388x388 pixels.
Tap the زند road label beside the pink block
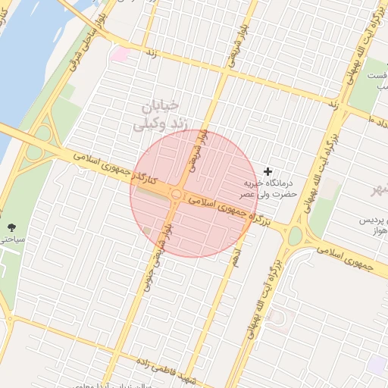[150, 54]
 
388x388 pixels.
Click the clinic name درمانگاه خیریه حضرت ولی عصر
[267, 189]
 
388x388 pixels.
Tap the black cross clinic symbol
[267, 172]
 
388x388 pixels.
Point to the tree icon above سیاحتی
[11, 227]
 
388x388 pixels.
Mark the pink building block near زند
[120, 54]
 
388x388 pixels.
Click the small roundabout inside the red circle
[176, 196]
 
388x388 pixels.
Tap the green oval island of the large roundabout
[294, 236]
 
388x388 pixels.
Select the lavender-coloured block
[377, 365]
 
